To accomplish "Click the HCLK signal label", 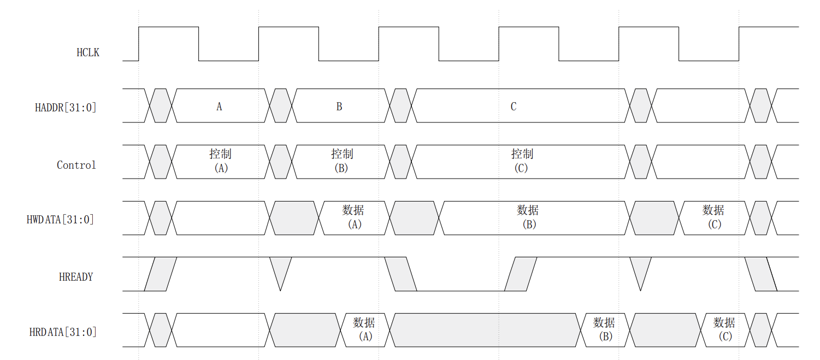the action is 88,53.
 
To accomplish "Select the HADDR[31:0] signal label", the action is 66,107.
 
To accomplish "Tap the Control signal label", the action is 76,165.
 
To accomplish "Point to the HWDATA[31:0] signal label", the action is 60,220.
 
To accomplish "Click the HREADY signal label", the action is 76,277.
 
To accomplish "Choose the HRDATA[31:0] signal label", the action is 63,332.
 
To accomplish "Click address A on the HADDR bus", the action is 219,107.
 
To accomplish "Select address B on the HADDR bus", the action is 339,107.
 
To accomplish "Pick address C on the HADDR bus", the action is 514,107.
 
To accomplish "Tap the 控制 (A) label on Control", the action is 221,161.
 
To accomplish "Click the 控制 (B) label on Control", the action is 341,161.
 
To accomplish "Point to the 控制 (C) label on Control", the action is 522,161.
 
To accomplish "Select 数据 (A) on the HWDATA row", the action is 353,217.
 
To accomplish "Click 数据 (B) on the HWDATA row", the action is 528,217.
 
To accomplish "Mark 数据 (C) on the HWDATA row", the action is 713,217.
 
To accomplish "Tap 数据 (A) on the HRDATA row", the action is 364,329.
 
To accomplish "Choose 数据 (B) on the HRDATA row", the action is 604,329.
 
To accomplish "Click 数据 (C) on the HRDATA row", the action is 724,329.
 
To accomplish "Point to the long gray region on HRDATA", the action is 483,330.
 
